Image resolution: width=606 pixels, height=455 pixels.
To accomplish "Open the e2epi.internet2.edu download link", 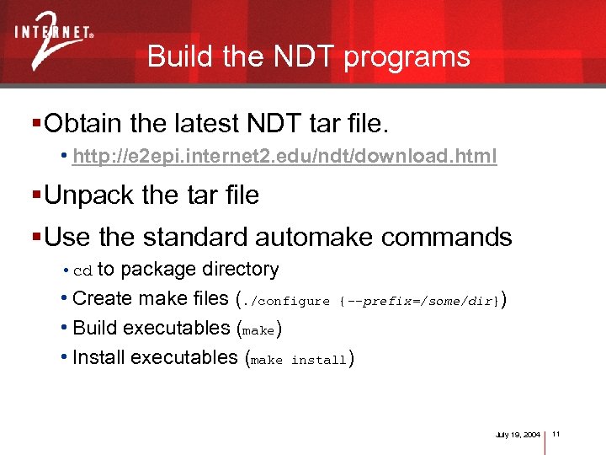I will point(284,157).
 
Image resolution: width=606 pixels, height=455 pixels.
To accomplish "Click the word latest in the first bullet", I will point(206,125).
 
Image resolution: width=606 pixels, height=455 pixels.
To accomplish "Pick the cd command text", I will point(82,271).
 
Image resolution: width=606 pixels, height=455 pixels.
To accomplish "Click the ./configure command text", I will point(286,301).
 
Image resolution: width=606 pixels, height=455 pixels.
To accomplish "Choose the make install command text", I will point(299,360).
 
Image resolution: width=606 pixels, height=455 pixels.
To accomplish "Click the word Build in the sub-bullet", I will point(93,328).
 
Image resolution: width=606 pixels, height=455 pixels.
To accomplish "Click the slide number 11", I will point(557,434).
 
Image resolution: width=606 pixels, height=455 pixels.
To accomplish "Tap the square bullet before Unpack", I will point(36,195).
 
